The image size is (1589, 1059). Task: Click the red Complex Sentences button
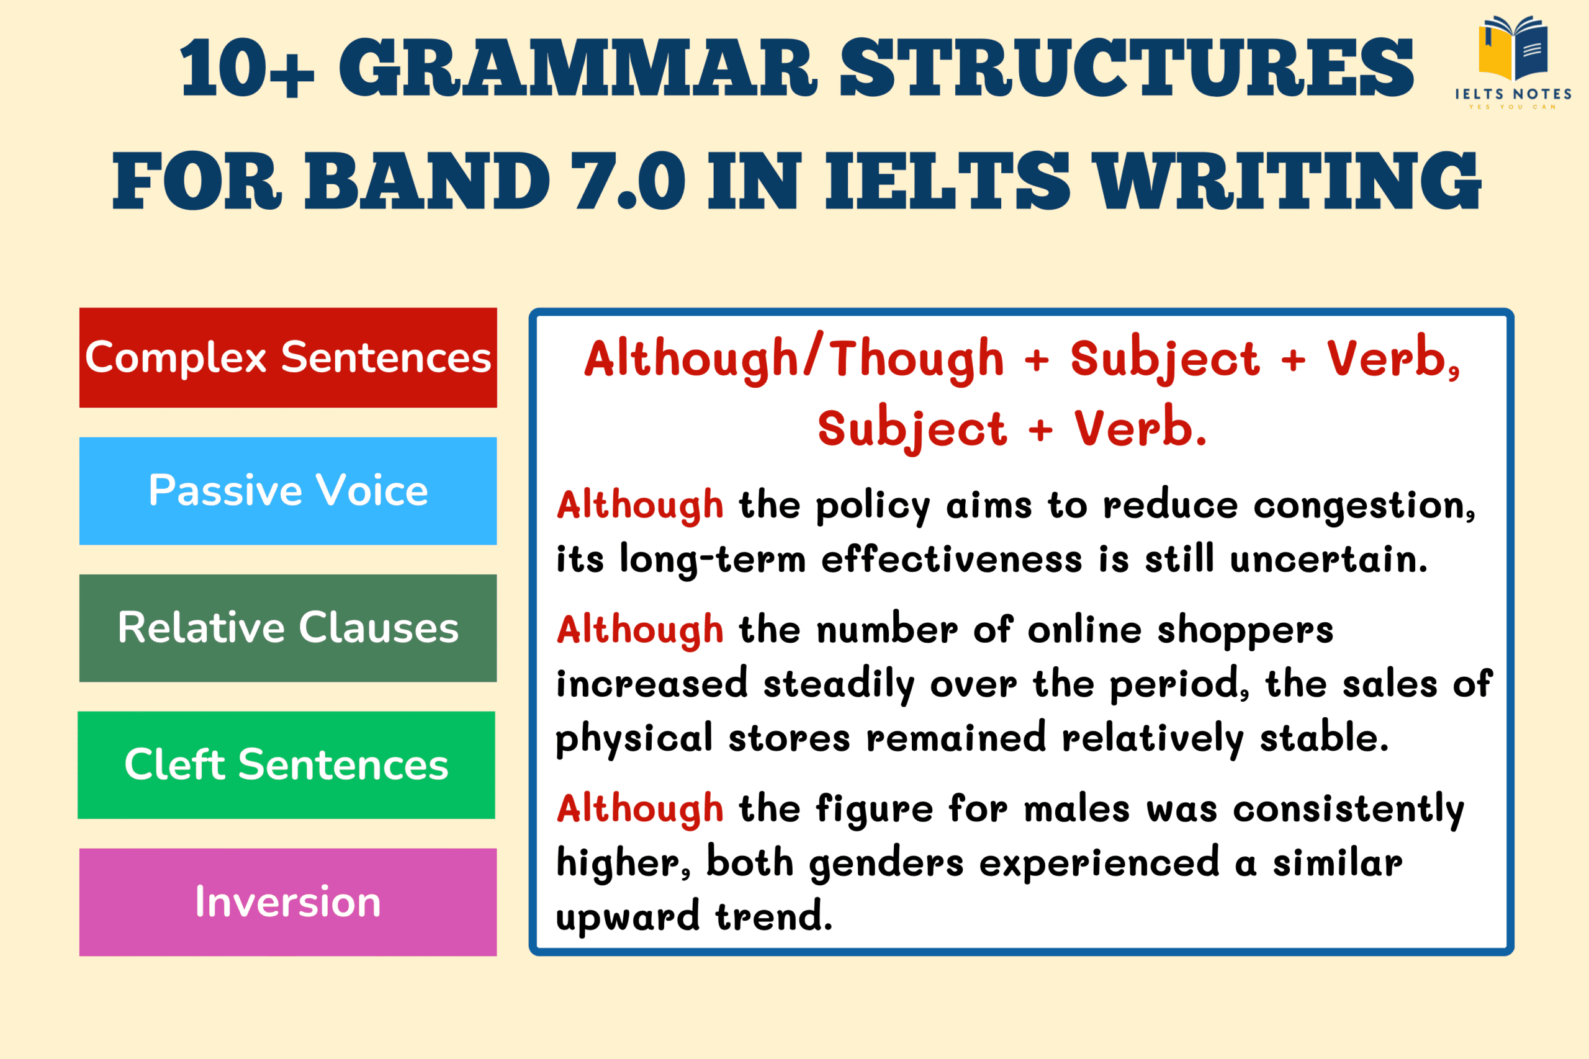pyautogui.click(x=288, y=357)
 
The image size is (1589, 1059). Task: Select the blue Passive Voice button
pyautogui.click(x=288, y=491)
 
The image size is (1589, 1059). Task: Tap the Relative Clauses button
pyautogui.click(x=288, y=628)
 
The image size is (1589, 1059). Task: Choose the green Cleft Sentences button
pyautogui.click(x=286, y=765)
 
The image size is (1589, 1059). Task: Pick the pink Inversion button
pyautogui.click(x=288, y=902)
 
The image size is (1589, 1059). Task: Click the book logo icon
pyautogui.click(x=1513, y=47)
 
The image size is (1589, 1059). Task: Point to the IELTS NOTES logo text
pyautogui.click(x=1513, y=94)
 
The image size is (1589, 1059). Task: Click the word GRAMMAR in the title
pyautogui.click(x=578, y=68)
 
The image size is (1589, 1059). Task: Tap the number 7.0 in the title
pyautogui.click(x=628, y=181)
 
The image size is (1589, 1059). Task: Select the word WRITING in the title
pyautogui.click(x=1287, y=181)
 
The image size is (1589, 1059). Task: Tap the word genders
pyautogui.click(x=886, y=864)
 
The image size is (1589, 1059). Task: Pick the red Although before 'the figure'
pyautogui.click(x=640, y=808)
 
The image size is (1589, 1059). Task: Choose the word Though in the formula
pyautogui.click(x=917, y=359)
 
